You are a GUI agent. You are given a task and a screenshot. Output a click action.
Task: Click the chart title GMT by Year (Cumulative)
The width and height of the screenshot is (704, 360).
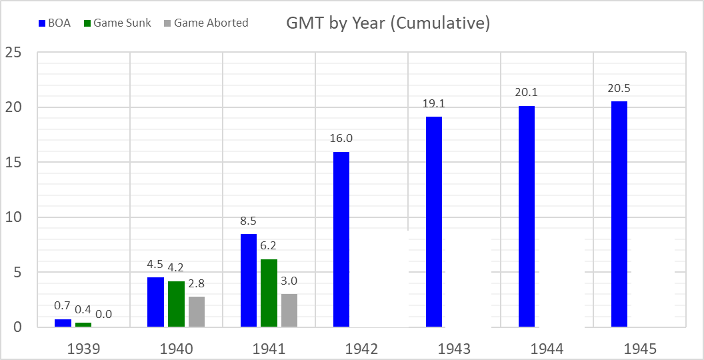[388, 23]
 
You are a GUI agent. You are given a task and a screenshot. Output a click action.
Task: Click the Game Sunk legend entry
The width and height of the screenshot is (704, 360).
[117, 23]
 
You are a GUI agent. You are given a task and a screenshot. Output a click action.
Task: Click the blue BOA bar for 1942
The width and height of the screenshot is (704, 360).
[341, 239]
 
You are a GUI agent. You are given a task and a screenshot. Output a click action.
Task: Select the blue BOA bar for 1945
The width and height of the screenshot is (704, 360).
[619, 214]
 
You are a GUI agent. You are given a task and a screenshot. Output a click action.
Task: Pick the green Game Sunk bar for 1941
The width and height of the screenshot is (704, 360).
[269, 293]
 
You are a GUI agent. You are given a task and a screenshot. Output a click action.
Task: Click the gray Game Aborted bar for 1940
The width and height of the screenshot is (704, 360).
[197, 311]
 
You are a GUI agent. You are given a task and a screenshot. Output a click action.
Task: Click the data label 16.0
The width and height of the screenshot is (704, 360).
[341, 138]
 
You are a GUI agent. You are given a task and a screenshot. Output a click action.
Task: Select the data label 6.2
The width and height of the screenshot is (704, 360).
[269, 245]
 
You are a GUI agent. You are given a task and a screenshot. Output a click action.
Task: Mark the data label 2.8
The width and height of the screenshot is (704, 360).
[197, 283]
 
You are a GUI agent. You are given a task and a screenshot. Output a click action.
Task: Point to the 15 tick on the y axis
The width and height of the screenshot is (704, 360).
[16, 162]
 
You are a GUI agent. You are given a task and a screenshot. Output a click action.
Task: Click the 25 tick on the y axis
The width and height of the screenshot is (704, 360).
[16, 52]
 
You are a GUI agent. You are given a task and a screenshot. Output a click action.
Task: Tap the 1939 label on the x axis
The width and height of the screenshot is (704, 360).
[83, 349]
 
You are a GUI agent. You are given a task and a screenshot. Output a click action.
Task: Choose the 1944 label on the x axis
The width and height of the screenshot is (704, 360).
[547, 349]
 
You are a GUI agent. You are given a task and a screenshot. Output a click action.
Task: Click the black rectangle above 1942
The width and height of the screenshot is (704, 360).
[379, 279]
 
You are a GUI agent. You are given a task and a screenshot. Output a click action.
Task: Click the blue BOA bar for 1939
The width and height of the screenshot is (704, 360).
[63, 323]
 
